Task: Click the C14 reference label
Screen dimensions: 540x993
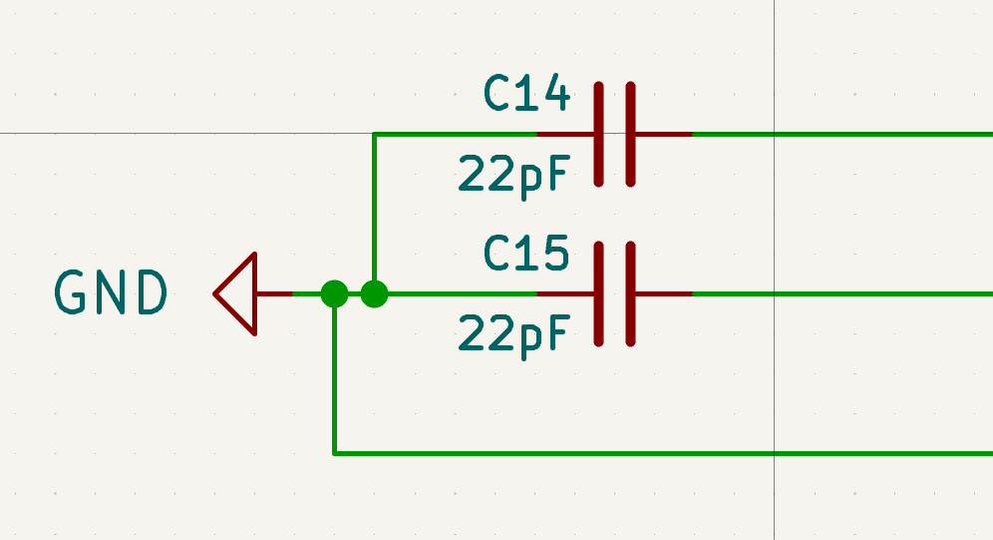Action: (526, 96)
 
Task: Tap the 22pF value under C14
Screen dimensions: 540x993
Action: (514, 175)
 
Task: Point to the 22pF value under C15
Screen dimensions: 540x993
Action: (514, 333)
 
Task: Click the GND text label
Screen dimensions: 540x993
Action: (111, 293)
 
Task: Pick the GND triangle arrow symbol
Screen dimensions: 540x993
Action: (239, 293)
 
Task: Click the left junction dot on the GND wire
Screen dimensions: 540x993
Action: (334, 293)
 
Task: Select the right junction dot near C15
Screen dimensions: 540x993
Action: (374, 293)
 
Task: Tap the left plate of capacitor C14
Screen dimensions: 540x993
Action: (599, 134)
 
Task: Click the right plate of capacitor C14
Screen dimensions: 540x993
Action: (631, 134)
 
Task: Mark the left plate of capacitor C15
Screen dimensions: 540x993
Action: (599, 293)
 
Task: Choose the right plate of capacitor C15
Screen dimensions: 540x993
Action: (631, 293)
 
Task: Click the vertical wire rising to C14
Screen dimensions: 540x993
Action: (374, 210)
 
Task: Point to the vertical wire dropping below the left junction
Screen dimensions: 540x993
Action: (334, 379)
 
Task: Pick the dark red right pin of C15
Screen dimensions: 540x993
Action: (663, 293)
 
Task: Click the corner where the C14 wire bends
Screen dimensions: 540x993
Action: (374, 134)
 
